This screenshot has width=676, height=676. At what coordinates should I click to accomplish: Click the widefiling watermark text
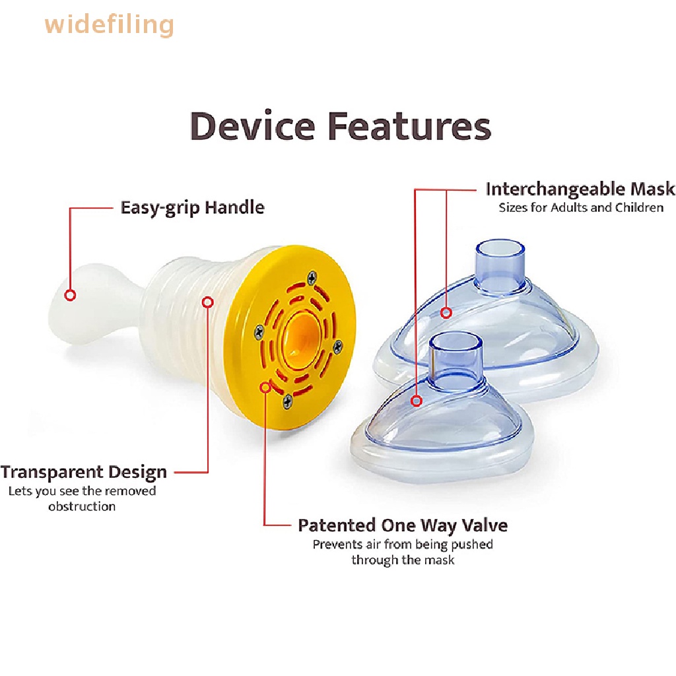click(x=109, y=24)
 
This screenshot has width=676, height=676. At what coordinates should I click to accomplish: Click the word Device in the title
click(x=252, y=126)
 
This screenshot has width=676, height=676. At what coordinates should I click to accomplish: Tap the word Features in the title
click(x=409, y=126)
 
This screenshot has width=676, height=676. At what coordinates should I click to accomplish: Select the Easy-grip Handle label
click(x=192, y=208)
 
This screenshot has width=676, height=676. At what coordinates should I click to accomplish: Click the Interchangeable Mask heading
click(x=580, y=189)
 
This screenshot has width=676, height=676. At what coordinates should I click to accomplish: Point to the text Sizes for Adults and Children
click(x=581, y=207)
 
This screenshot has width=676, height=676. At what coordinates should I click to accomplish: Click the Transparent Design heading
click(x=84, y=472)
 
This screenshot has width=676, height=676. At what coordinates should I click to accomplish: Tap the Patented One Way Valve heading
click(x=403, y=525)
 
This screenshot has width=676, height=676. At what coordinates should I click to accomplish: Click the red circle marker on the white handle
click(x=70, y=295)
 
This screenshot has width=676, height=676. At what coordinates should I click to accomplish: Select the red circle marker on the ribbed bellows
click(x=208, y=302)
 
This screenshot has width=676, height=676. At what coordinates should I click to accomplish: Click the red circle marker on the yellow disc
click(x=265, y=388)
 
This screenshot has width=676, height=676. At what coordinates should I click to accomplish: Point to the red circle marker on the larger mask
click(x=446, y=312)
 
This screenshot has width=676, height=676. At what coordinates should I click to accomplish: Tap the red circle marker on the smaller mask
click(x=416, y=401)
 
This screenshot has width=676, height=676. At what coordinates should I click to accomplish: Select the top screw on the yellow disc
click(x=312, y=278)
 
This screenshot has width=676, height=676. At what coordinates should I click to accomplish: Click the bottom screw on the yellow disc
click(x=288, y=401)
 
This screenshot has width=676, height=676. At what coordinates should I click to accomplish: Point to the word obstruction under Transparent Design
click(x=82, y=506)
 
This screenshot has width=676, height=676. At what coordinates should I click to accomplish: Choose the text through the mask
click(x=403, y=560)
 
